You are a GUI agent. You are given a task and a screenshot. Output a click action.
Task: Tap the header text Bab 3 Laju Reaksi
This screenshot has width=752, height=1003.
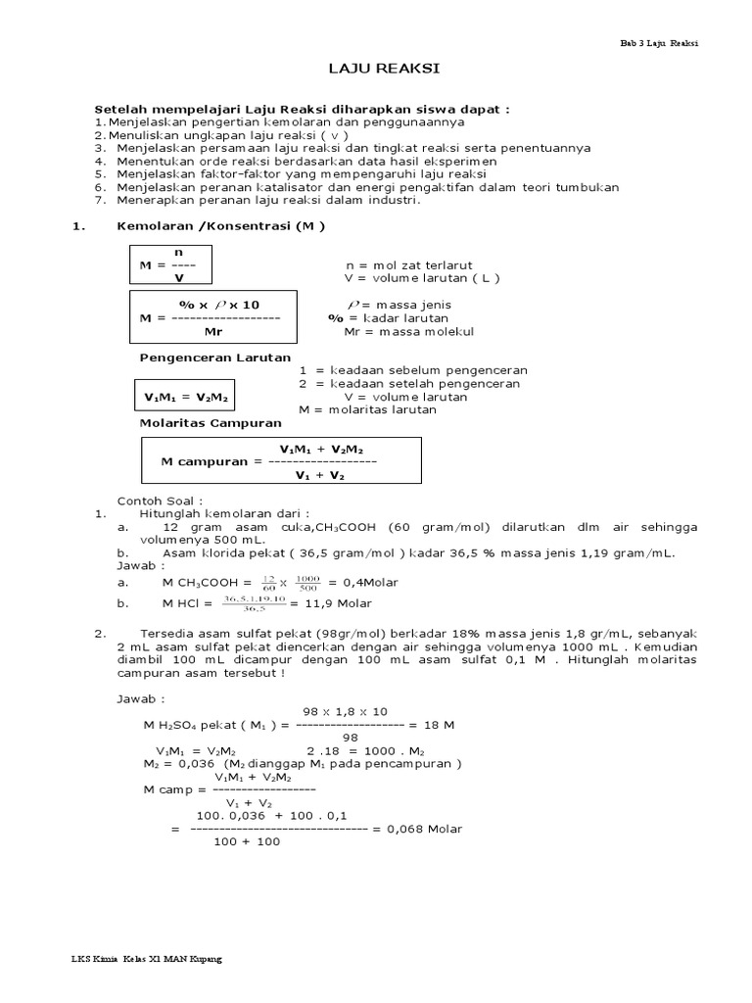point(660,43)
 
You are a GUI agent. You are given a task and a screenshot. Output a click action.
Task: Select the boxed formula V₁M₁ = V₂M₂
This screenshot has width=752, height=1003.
point(184,398)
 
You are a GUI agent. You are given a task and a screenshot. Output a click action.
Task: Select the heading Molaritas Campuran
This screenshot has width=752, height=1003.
point(211,422)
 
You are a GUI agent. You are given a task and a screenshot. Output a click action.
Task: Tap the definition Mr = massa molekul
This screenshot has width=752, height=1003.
point(409,332)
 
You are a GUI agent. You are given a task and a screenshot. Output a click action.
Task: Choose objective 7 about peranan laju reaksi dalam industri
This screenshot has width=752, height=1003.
point(268,201)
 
